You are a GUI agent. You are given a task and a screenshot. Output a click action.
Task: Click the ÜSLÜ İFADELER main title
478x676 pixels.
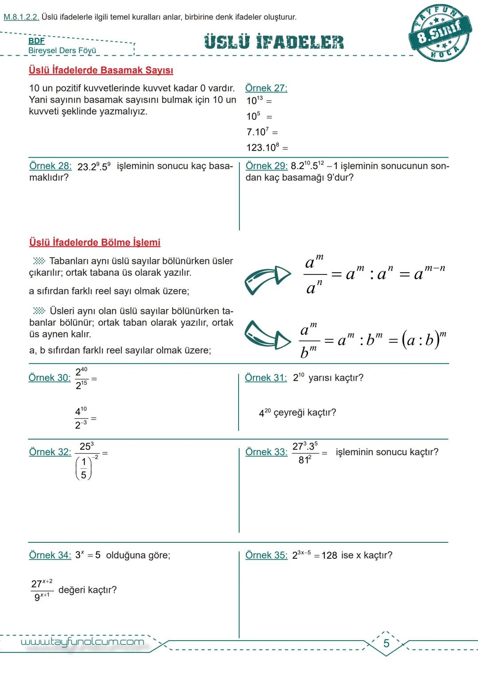coord(274,42)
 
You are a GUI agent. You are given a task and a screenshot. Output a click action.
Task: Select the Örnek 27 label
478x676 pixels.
coord(266,88)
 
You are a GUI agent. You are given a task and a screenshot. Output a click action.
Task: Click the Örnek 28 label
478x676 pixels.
coord(50,166)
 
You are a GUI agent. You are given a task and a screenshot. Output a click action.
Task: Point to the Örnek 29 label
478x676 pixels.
coord(266,166)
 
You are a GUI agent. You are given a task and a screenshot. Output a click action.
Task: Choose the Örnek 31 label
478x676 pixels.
coord(266,378)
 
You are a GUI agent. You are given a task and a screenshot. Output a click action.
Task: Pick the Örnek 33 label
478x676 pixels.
coord(266,452)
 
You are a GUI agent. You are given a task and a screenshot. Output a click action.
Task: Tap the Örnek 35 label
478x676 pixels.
coord(266,555)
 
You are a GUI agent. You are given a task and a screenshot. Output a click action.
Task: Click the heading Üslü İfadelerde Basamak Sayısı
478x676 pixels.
coord(101,70)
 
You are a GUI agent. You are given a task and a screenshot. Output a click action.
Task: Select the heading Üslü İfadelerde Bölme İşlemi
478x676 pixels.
coord(95,243)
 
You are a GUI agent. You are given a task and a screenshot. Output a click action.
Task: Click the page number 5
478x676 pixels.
coord(386,643)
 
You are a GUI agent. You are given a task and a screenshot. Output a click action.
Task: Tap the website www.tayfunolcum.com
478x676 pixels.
coord(82,642)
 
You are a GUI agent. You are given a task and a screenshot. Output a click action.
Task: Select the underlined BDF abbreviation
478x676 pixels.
coord(36,41)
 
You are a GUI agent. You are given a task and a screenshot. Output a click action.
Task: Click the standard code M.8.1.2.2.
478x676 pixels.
coord(21,17)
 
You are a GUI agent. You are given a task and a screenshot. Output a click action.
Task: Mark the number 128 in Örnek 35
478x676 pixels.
coord(329,556)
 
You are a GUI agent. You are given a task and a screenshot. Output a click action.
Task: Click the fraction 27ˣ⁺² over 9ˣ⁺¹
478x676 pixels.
coord(42,590)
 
